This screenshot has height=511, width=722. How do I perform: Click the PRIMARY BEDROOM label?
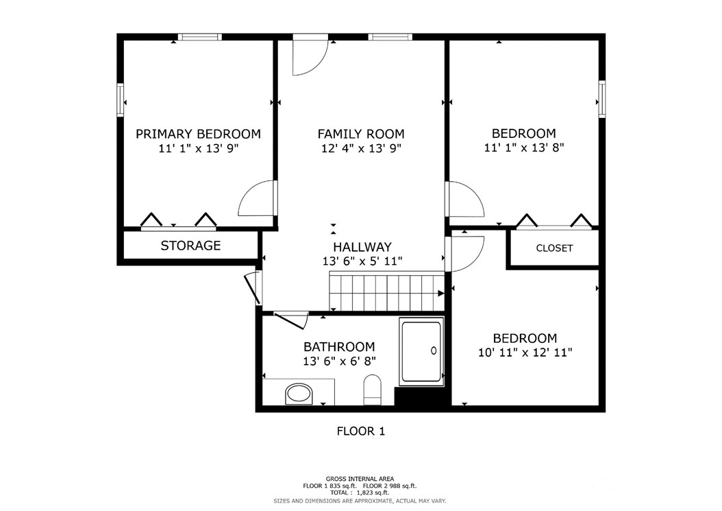click(198, 134)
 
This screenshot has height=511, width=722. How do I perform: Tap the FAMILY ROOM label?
click(360, 134)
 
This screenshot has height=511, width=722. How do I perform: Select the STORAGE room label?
click(190, 246)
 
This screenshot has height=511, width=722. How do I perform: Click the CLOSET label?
click(554, 248)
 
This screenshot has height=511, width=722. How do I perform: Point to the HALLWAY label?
click(362, 247)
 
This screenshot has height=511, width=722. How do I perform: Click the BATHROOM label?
click(339, 347)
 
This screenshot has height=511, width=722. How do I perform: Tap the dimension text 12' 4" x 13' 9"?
click(360, 148)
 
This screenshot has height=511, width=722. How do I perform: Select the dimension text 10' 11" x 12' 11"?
click(525, 353)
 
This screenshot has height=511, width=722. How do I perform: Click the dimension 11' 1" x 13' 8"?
click(524, 147)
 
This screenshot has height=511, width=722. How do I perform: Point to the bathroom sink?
click(298, 394)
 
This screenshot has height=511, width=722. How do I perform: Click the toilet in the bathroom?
click(372, 389)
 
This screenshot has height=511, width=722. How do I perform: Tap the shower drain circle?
click(434, 350)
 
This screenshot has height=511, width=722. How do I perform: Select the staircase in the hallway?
click(386, 292)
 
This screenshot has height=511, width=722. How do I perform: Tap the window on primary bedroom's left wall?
click(121, 99)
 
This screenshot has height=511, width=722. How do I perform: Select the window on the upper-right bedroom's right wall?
click(602, 99)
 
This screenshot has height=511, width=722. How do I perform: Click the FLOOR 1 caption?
click(360, 431)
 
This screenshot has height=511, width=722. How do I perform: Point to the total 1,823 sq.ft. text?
click(360, 492)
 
